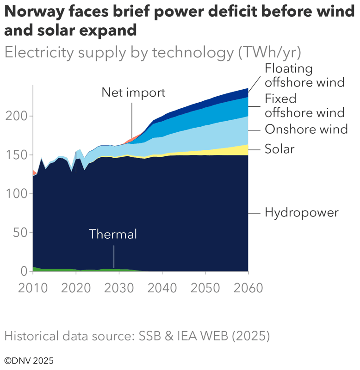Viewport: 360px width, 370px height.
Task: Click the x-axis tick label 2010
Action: click(33, 288)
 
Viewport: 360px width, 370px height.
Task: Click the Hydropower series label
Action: click(302, 213)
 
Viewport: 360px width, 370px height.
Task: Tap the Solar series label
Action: click(279, 149)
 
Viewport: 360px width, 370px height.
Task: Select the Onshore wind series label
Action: click(306, 129)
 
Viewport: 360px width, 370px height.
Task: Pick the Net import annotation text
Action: click(133, 92)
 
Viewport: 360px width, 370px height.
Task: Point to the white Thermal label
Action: click(113, 234)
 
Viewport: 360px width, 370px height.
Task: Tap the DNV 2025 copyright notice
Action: click(29, 360)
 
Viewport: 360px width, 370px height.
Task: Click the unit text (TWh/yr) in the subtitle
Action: click(270, 53)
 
